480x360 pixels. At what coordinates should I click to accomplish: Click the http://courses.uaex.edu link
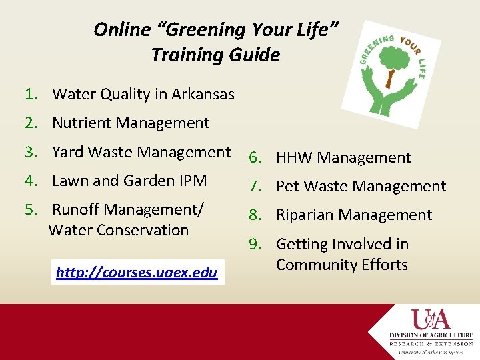[137, 273]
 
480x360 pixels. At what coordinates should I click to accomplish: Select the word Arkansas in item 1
[203, 95]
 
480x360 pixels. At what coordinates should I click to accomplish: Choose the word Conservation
[144, 231]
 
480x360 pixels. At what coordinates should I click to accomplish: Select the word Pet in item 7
[287, 187]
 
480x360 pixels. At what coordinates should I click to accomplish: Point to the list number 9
[255, 245]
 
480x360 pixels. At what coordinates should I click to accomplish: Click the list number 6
[255, 158]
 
